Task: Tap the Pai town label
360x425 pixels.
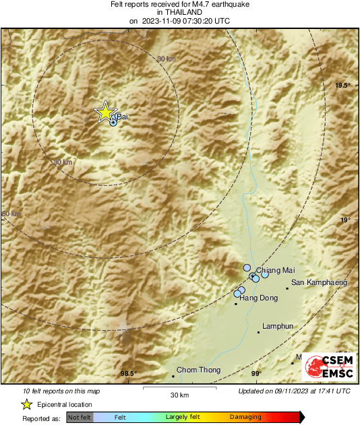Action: tap(121, 117)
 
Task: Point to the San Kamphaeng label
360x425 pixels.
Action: tap(319, 283)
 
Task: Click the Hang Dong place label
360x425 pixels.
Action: tap(258, 297)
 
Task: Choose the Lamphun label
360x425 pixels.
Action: tap(278, 326)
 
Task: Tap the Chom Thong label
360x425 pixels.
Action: tap(198, 370)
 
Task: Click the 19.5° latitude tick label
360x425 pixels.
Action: tap(343, 85)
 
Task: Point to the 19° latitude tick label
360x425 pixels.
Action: tap(345, 220)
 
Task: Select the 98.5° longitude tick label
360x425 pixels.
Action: tap(128, 374)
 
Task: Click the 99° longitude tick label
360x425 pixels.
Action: tap(256, 374)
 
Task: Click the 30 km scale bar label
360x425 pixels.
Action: tap(179, 394)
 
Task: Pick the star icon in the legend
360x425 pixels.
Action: tap(26, 404)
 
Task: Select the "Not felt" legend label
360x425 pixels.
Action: tap(80, 418)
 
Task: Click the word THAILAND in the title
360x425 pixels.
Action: tap(179, 12)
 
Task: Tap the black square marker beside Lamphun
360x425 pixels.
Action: tap(259, 331)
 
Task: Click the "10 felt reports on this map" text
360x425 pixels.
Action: tap(61, 391)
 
